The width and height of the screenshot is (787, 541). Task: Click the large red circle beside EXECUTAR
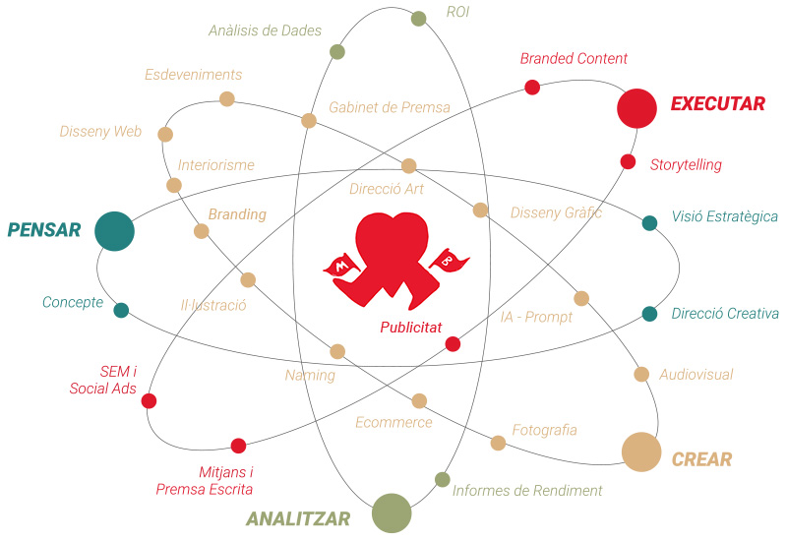tap(636, 108)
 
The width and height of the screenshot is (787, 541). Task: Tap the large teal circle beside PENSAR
tap(114, 231)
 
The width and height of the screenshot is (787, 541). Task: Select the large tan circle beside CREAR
tap(640, 451)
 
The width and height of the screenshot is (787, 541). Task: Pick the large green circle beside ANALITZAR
tap(392, 512)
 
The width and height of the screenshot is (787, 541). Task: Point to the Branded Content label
tap(574, 59)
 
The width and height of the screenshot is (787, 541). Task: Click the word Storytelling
tap(686, 165)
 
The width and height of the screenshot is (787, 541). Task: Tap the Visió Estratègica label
tap(724, 216)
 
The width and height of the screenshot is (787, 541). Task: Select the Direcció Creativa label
tap(725, 314)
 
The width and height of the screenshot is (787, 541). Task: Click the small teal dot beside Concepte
tap(121, 311)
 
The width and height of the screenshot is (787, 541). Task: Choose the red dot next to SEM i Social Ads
tap(149, 400)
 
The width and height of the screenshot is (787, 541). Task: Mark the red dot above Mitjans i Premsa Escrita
tap(238, 446)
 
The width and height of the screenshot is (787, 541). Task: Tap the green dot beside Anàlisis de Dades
tap(337, 51)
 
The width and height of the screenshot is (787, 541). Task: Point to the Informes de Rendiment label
tap(527, 490)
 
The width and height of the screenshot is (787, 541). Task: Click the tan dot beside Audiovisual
tap(641, 374)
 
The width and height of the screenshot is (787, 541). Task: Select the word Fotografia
tap(544, 430)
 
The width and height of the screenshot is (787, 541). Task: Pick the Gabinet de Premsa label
tap(390, 106)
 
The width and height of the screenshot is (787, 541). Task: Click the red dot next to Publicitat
tap(453, 344)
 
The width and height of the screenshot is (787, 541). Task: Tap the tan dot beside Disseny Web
tap(165, 134)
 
